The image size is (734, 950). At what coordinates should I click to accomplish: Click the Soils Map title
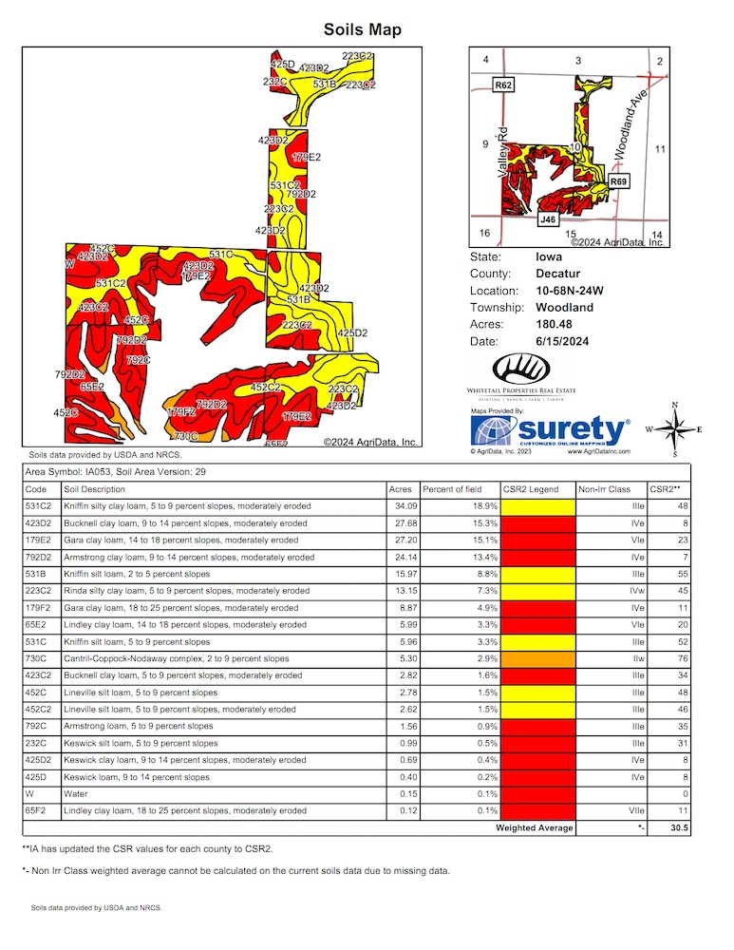pyautogui.click(x=363, y=29)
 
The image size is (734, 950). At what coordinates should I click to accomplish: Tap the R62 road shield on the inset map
pyautogui.click(x=504, y=85)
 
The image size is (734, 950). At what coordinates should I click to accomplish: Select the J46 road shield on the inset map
pyautogui.click(x=547, y=219)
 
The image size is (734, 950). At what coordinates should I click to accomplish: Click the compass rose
pyautogui.click(x=672, y=430)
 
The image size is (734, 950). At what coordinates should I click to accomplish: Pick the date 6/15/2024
pyautogui.click(x=565, y=342)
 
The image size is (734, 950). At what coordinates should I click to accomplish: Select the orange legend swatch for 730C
pyautogui.click(x=536, y=658)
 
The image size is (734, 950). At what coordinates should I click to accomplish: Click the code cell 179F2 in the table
pyautogui.click(x=38, y=607)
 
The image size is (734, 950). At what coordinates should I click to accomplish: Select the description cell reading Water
pyautogui.click(x=76, y=794)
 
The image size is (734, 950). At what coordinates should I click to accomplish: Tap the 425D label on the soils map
pyautogui.click(x=283, y=64)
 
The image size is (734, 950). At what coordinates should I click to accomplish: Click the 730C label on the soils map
pyautogui.click(x=185, y=436)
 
